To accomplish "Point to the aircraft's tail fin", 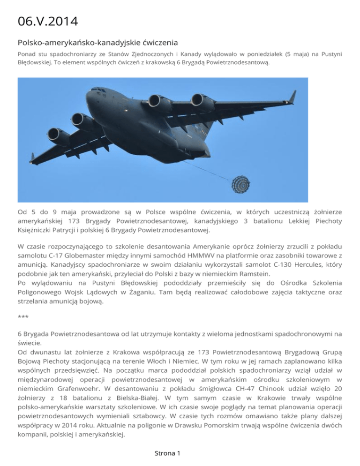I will point(292,97).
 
